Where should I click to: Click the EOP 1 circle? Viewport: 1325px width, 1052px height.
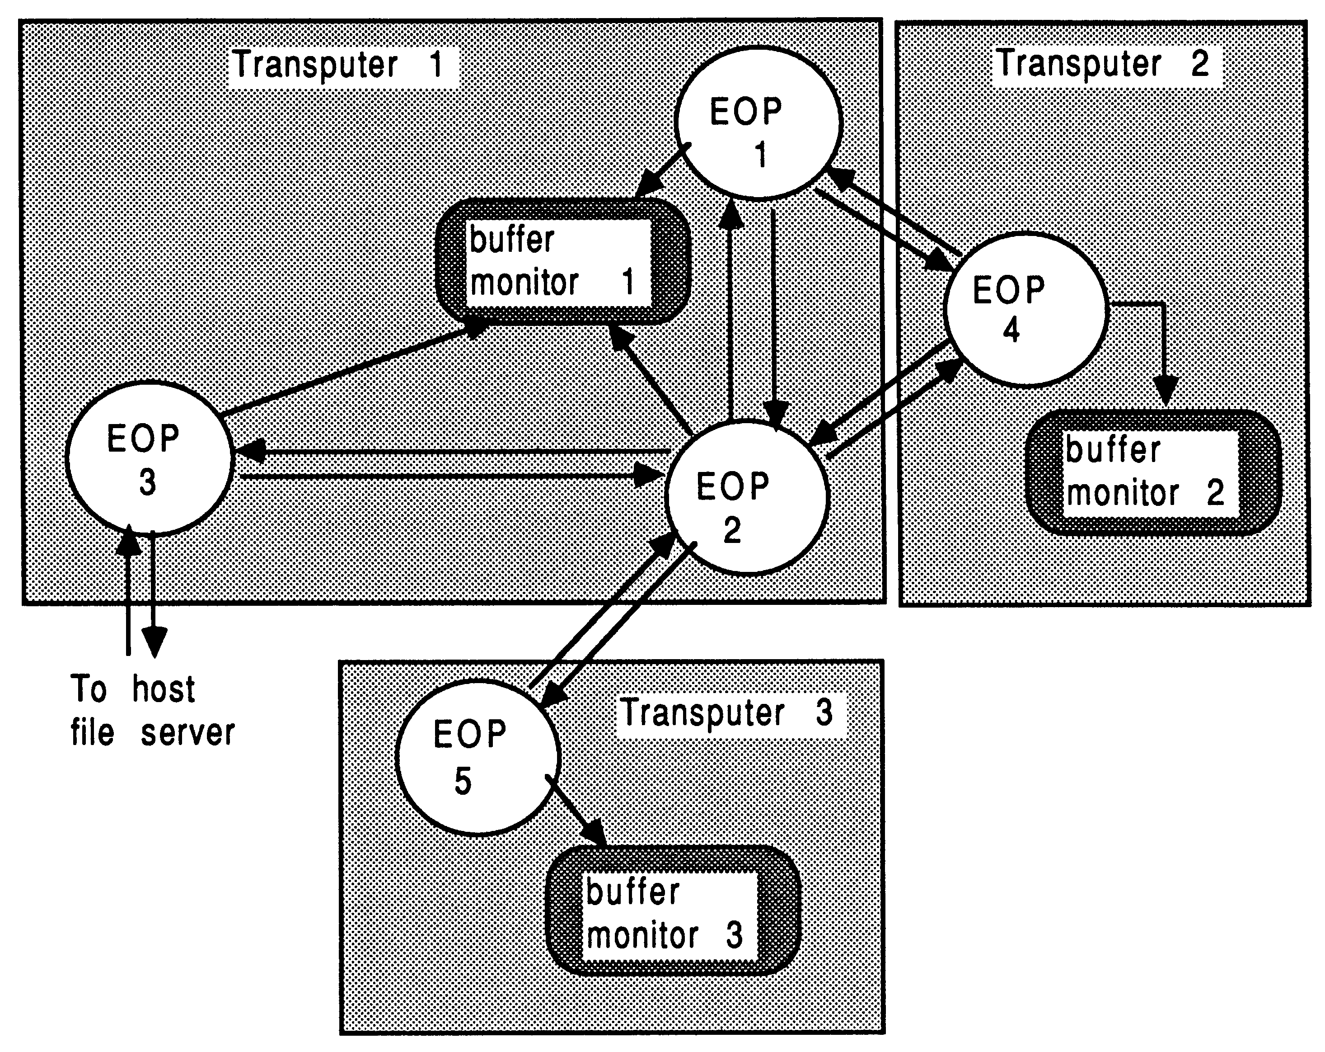click(x=757, y=123)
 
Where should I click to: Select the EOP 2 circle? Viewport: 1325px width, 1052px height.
click(x=747, y=498)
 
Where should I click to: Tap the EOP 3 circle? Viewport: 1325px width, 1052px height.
click(x=150, y=458)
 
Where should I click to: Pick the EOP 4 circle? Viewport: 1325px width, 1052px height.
click(x=1025, y=309)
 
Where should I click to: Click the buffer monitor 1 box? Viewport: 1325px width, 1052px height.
click(x=561, y=262)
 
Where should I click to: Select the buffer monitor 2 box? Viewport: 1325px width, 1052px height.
click(x=1153, y=472)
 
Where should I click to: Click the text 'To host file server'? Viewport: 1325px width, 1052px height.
click(x=152, y=711)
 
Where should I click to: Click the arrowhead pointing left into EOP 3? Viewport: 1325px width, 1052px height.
click(x=250, y=452)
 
